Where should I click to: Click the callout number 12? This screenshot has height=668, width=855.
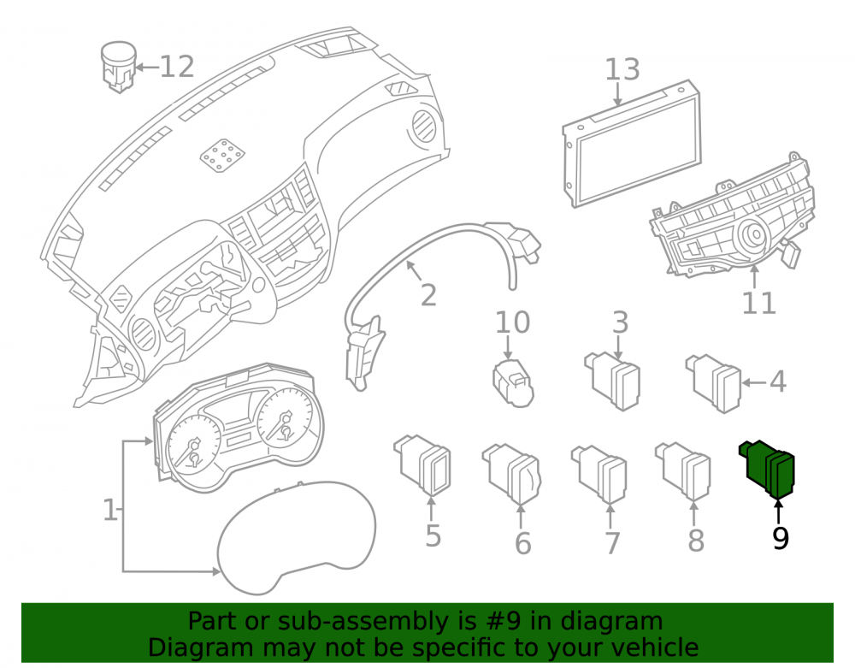177,67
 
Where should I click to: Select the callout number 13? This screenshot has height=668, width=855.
622,70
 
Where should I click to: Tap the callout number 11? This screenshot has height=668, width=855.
758,303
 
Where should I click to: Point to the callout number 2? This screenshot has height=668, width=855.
428,296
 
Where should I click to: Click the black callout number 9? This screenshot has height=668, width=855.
781,538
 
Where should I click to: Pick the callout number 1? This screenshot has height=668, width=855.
109,511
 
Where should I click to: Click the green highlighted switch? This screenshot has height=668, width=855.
767,469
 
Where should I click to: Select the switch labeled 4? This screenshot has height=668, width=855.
714,383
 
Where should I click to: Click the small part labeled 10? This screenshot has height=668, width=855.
513,383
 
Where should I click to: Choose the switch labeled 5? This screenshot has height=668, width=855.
422,464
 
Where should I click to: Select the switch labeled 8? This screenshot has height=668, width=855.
683,471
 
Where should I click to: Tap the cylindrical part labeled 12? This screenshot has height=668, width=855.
118,67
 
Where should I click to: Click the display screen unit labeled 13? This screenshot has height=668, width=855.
632,144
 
